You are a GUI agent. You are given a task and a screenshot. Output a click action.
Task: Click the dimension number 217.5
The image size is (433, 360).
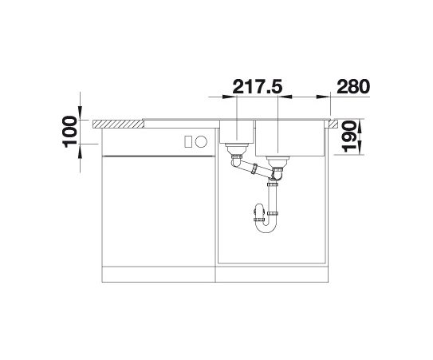258,86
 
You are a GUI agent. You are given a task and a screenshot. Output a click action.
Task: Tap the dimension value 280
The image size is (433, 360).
353,86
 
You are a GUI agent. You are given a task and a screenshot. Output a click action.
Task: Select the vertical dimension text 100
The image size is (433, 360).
70,132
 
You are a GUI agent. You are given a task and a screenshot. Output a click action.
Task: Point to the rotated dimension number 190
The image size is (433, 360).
349,136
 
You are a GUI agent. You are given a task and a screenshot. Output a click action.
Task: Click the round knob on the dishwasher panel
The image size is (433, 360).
201,141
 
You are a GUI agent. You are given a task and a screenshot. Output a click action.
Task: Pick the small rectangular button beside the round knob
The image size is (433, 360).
188,141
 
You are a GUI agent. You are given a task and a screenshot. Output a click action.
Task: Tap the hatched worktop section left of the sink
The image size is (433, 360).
118,125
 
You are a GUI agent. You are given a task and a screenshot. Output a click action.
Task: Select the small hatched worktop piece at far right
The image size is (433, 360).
333,125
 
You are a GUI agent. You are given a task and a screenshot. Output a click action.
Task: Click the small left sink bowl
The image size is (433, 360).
237,132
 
